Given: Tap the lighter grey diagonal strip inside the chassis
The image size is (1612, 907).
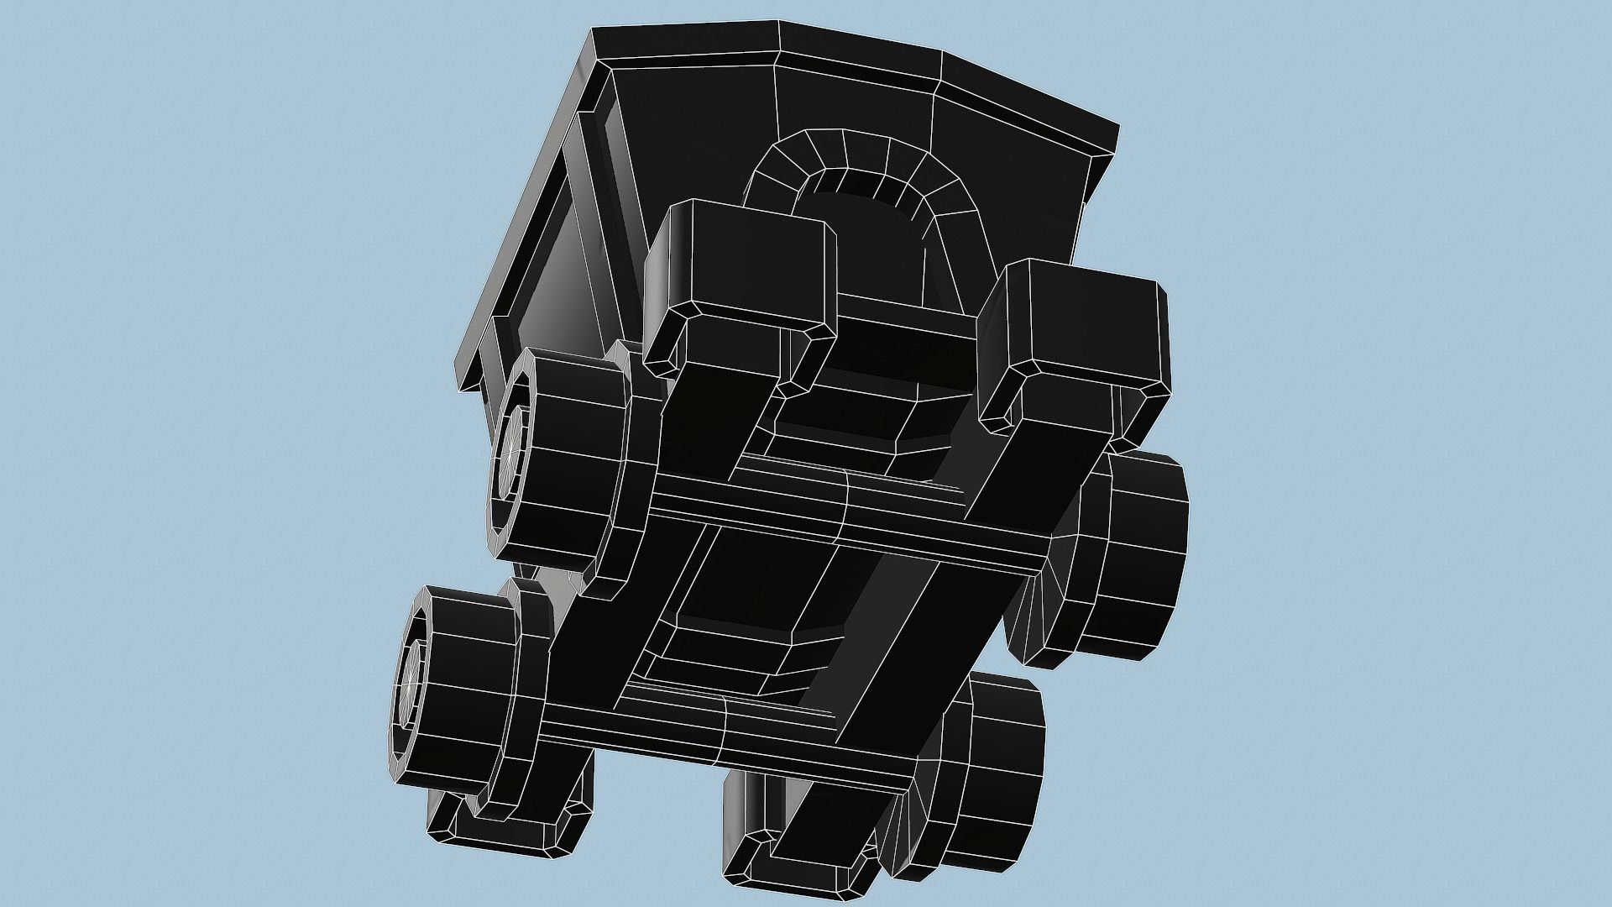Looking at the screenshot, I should pos(882,605).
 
